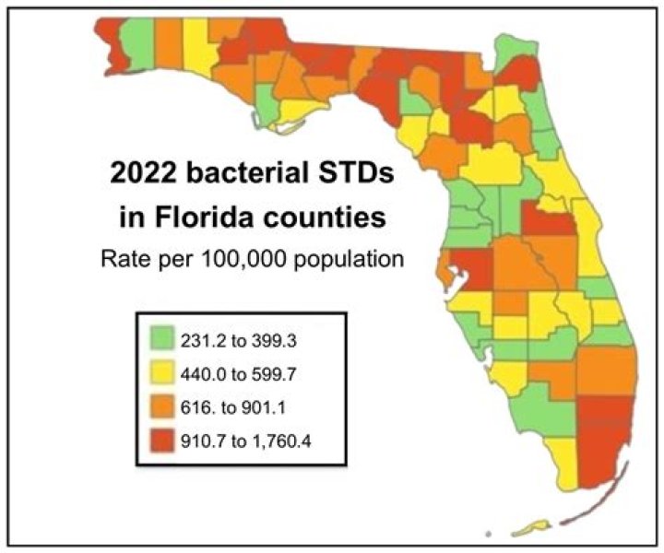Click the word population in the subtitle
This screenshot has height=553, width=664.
[354, 259]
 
